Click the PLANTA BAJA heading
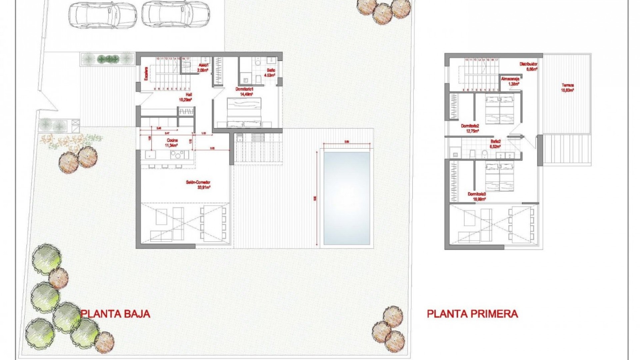pyautogui.click(x=115, y=314)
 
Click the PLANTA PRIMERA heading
pyautogui.click(x=472, y=314)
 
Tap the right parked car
pyautogui.click(x=176, y=13)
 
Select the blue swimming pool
pyautogui.click(x=347, y=198)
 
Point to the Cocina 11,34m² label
pyautogui.click(x=172, y=143)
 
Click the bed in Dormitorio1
pyautogui.click(x=244, y=112)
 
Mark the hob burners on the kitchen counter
pyautogui.click(x=177, y=154)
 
